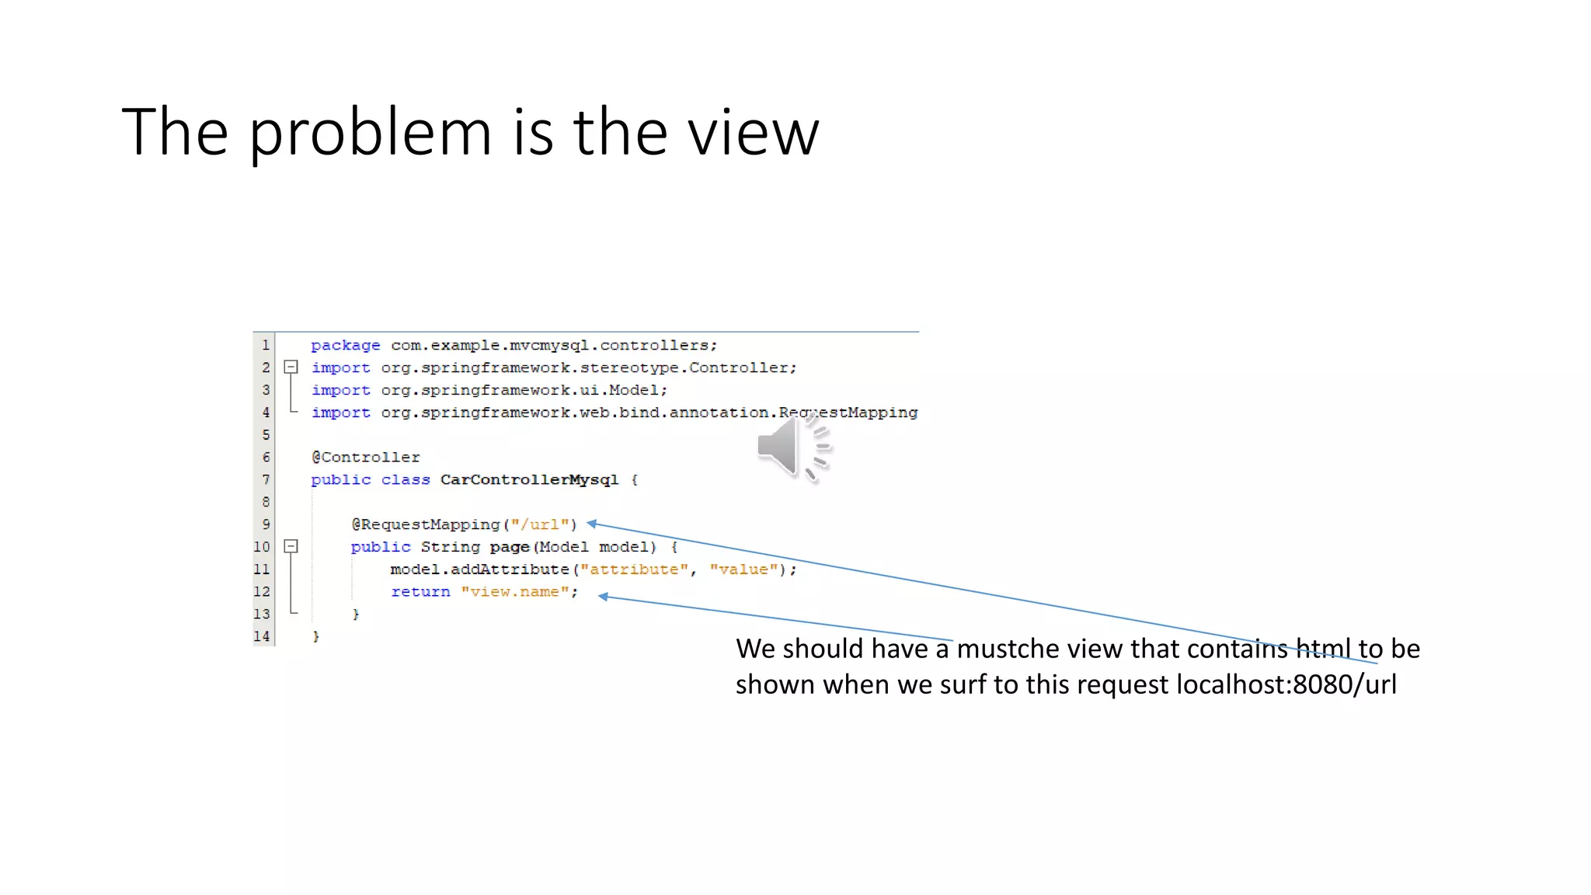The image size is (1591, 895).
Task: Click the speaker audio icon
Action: [x=792, y=447]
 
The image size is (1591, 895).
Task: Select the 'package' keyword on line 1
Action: [x=345, y=346]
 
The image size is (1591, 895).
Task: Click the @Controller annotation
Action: [x=365, y=458]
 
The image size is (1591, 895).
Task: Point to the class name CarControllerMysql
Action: [x=529, y=480]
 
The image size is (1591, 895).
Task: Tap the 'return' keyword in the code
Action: [x=420, y=592]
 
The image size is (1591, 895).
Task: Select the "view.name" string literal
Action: [x=514, y=592]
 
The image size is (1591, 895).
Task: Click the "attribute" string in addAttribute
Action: [x=634, y=569]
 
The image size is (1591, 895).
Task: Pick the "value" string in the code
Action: [x=743, y=569]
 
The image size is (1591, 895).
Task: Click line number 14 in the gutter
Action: [x=262, y=636]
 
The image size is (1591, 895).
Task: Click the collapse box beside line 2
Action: [x=291, y=367]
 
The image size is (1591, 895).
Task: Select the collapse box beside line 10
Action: [x=291, y=547]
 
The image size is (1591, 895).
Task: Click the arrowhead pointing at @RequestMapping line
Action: [x=591, y=524]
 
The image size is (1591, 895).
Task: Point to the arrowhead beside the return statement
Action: [x=603, y=596]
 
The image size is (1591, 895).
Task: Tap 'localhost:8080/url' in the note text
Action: [x=1286, y=684]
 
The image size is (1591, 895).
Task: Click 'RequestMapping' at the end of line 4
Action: [x=848, y=413]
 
